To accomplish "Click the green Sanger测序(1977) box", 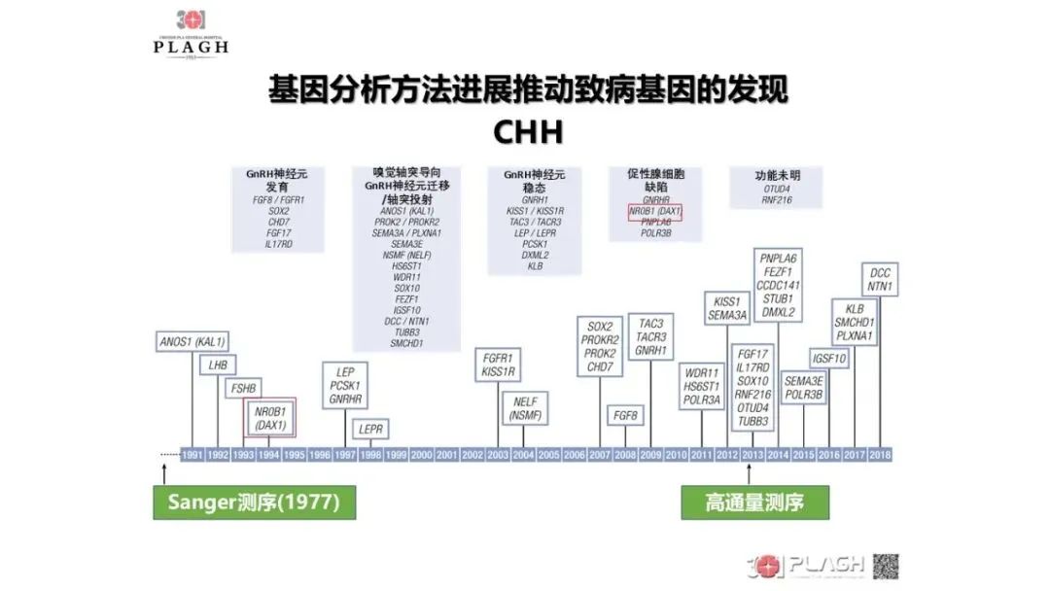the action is pyautogui.click(x=252, y=503).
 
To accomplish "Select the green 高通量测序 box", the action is pyautogui.click(x=754, y=503).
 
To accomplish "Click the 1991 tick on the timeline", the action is pyautogui.click(x=192, y=455).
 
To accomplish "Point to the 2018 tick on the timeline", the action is pyautogui.click(x=880, y=455).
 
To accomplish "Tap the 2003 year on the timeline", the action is pyautogui.click(x=498, y=455).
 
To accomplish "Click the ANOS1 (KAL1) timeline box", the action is pyautogui.click(x=192, y=341).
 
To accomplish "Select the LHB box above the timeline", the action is pyautogui.click(x=217, y=366).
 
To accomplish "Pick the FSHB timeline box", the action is pyautogui.click(x=242, y=389).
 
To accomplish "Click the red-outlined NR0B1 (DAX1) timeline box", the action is pyautogui.click(x=269, y=419).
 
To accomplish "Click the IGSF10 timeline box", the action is pyautogui.click(x=829, y=359).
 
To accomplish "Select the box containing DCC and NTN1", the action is pyautogui.click(x=880, y=280).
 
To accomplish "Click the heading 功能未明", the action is pyautogui.click(x=777, y=176).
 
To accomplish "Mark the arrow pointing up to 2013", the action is pyautogui.click(x=749, y=474).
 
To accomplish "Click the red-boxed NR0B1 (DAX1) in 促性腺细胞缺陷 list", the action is pyautogui.click(x=655, y=211).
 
